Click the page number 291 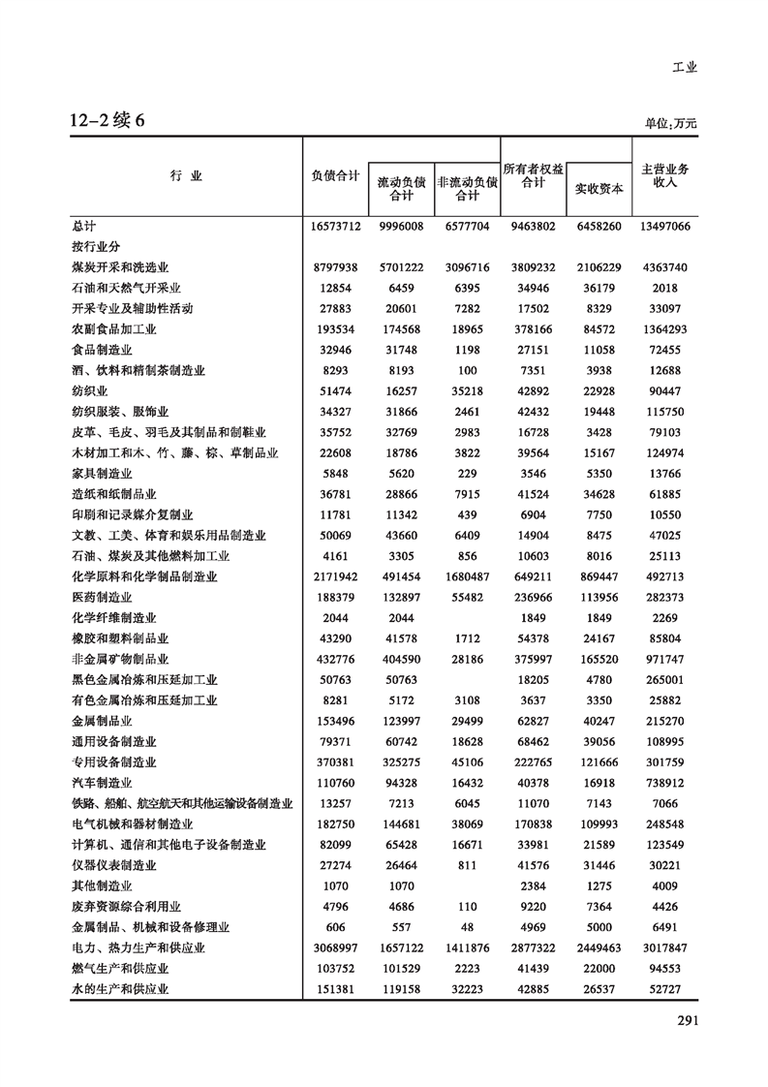(687, 1019)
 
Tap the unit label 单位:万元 (670, 124)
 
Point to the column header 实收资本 (599, 188)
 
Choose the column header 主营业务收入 (664, 175)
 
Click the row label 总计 (84, 226)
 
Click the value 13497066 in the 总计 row (664, 226)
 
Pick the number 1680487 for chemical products (467, 576)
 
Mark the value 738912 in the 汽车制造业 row (664, 783)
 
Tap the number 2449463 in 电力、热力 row (598, 947)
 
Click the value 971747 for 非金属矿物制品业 (664, 659)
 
